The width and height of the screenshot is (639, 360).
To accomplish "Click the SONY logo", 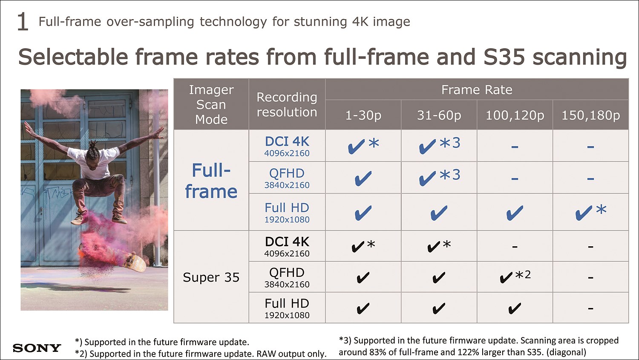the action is coord(37,348).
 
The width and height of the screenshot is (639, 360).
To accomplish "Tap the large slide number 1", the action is coord(23,22).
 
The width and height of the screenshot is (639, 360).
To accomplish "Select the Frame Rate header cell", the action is coord(477,89).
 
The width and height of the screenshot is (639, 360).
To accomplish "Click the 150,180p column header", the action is coord(590,115).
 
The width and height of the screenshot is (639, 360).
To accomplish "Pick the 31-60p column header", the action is coord(439,115).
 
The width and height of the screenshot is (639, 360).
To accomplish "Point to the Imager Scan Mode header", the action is coord(211,104).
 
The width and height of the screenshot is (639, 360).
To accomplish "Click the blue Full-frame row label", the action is coord(211,181).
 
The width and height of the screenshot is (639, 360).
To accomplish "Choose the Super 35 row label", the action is coord(211,277).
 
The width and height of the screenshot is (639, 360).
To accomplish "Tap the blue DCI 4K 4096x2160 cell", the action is coord(287,146).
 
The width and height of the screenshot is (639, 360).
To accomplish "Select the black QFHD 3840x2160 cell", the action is coord(287,277).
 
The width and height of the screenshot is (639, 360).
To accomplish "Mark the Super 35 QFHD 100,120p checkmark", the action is coord(507,277).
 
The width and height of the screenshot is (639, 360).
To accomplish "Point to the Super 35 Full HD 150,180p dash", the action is coord(590,308).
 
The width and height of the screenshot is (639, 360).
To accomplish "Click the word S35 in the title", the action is coord(504,57).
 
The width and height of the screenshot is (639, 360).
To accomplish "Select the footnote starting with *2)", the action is coord(201,354).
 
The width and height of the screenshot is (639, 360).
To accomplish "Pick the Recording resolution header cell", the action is coord(287,104).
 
